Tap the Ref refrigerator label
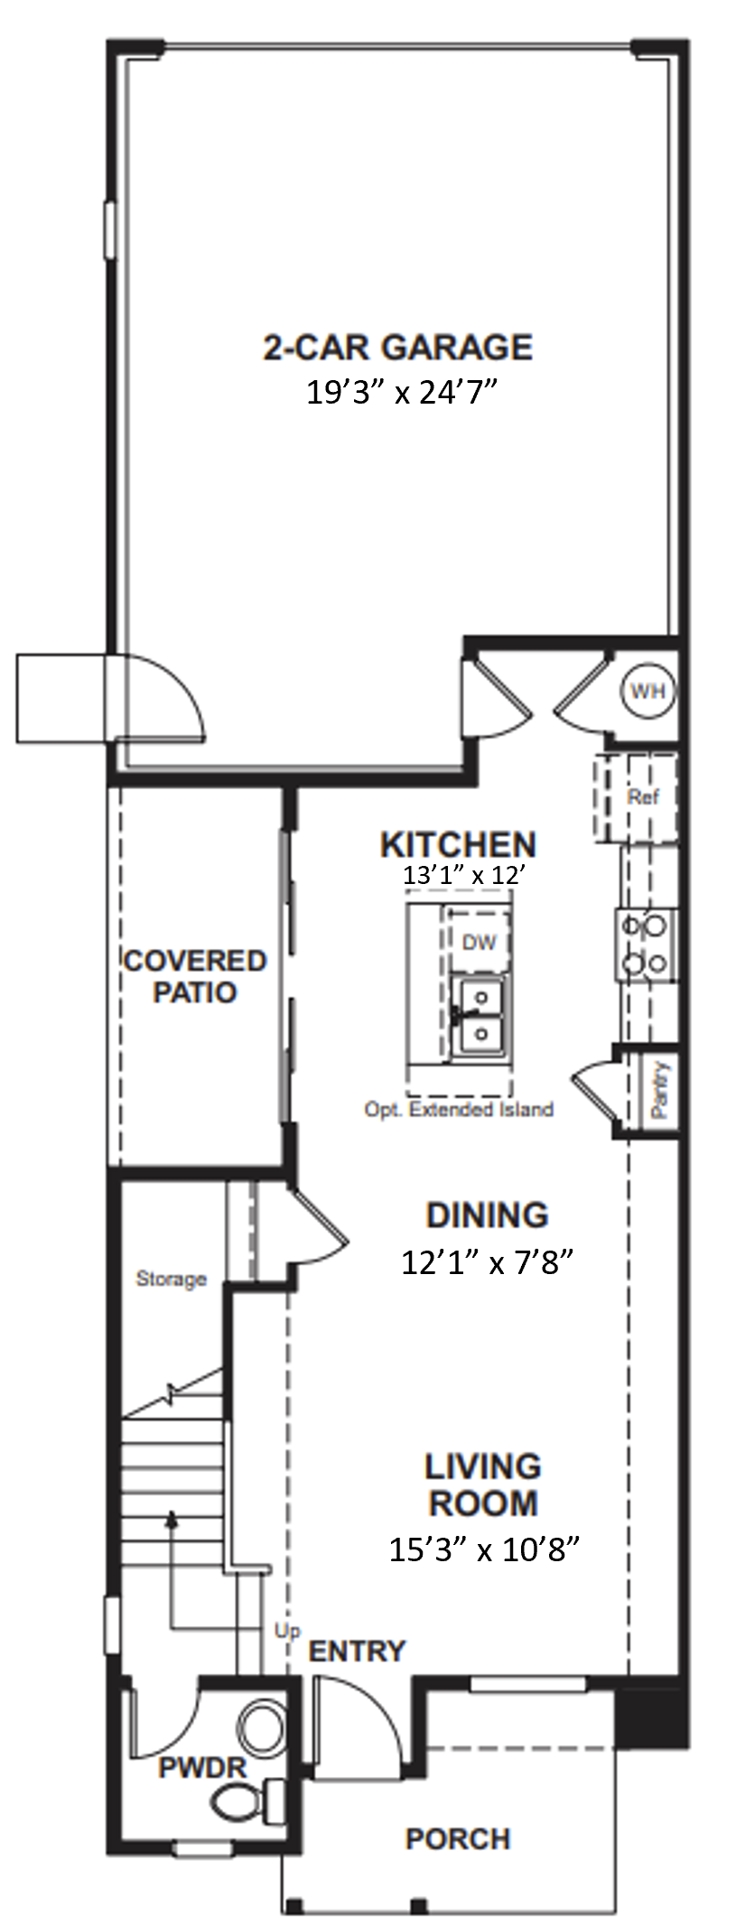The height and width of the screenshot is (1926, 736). [x=644, y=796]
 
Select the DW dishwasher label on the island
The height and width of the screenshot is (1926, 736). [x=480, y=942]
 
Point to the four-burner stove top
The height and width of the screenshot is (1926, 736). [x=645, y=944]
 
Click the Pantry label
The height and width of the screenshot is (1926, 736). [x=660, y=1090]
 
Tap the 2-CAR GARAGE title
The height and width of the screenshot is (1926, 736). [x=398, y=347]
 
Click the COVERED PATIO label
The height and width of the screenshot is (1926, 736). [x=195, y=975]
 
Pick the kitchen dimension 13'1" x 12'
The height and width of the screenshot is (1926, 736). [x=464, y=874]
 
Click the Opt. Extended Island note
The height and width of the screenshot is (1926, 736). [x=459, y=1109]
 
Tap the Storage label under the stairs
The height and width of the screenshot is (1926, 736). [x=171, y=1279]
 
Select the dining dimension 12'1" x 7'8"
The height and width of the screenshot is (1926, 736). [x=488, y=1262]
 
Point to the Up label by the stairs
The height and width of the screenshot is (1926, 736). [x=287, y=1632]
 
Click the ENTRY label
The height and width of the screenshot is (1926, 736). [x=357, y=1652]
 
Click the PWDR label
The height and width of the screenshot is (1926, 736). [x=202, y=1767]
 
